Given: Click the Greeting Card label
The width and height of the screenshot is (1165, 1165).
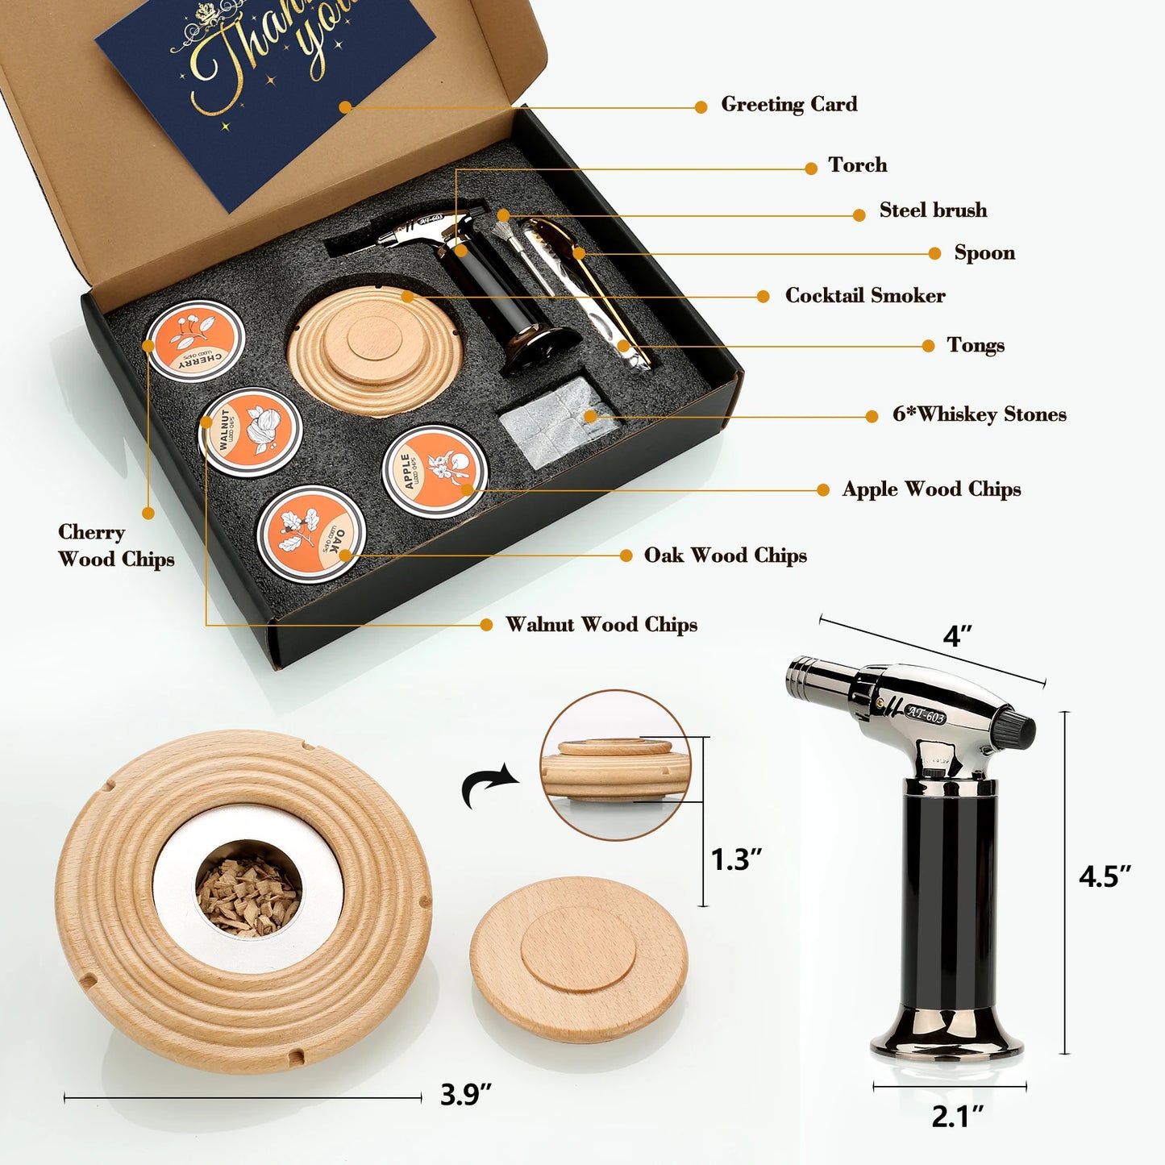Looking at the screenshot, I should [788, 105].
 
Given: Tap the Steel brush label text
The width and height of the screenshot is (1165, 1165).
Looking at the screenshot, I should [933, 210].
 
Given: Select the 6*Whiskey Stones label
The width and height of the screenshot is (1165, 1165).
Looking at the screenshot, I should [979, 414].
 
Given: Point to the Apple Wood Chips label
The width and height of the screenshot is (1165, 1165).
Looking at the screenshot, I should [931, 489].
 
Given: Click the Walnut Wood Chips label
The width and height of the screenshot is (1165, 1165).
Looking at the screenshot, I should [601, 625].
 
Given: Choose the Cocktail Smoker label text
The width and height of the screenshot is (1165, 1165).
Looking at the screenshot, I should [865, 296].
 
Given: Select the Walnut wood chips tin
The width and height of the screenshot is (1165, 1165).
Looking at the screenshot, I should [251, 431].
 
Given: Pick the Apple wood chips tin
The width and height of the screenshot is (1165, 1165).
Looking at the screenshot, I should [435, 471].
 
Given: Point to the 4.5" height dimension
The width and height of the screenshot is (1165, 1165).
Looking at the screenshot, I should [1105, 876].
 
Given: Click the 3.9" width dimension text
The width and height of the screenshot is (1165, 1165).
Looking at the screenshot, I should [465, 1095].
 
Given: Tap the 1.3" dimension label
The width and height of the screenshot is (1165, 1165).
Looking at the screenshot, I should [735, 859].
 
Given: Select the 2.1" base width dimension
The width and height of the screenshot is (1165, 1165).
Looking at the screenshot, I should [957, 1117].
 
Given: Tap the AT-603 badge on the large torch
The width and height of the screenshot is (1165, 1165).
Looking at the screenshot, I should [925, 714].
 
